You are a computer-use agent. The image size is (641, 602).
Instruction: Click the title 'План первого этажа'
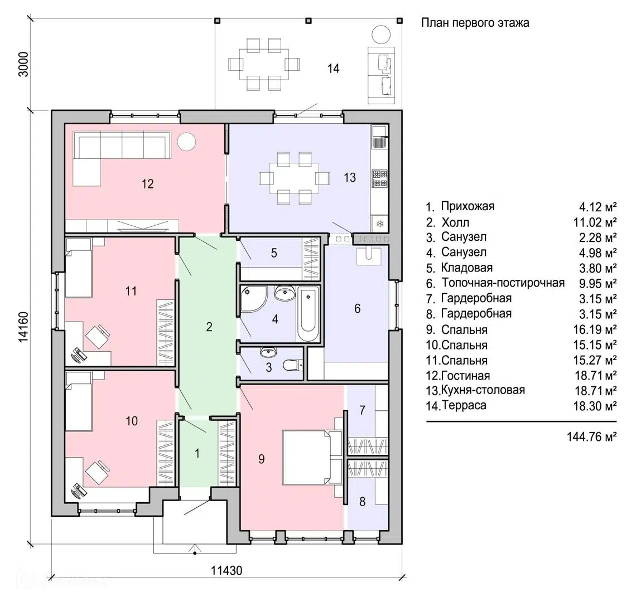click(475, 22)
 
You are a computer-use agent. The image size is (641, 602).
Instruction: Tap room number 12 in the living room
click(148, 184)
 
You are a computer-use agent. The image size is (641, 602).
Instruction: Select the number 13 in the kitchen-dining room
click(350, 178)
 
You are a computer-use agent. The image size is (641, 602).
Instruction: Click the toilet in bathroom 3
click(293, 365)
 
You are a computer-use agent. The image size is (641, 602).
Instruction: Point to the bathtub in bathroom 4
click(308, 314)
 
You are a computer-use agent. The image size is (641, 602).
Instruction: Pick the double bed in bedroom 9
click(313, 457)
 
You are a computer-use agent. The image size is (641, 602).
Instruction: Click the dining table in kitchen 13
click(294, 178)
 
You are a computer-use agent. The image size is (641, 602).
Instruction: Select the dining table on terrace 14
click(264, 64)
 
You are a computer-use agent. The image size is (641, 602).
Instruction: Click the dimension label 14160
click(24, 326)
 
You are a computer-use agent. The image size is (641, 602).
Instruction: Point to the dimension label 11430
click(226, 570)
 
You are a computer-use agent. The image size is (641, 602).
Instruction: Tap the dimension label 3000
click(24, 64)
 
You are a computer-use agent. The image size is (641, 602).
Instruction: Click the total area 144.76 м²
click(591, 436)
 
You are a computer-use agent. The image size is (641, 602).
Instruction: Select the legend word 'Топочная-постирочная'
click(503, 283)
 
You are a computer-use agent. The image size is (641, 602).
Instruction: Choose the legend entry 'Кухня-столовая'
click(483, 390)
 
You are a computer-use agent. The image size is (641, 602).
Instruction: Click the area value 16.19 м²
click(595, 329)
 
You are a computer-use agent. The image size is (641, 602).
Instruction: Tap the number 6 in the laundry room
click(357, 308)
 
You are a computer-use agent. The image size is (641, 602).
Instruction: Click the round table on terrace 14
click(381, 35)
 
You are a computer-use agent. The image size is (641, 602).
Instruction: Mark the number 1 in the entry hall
click(197, 453)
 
